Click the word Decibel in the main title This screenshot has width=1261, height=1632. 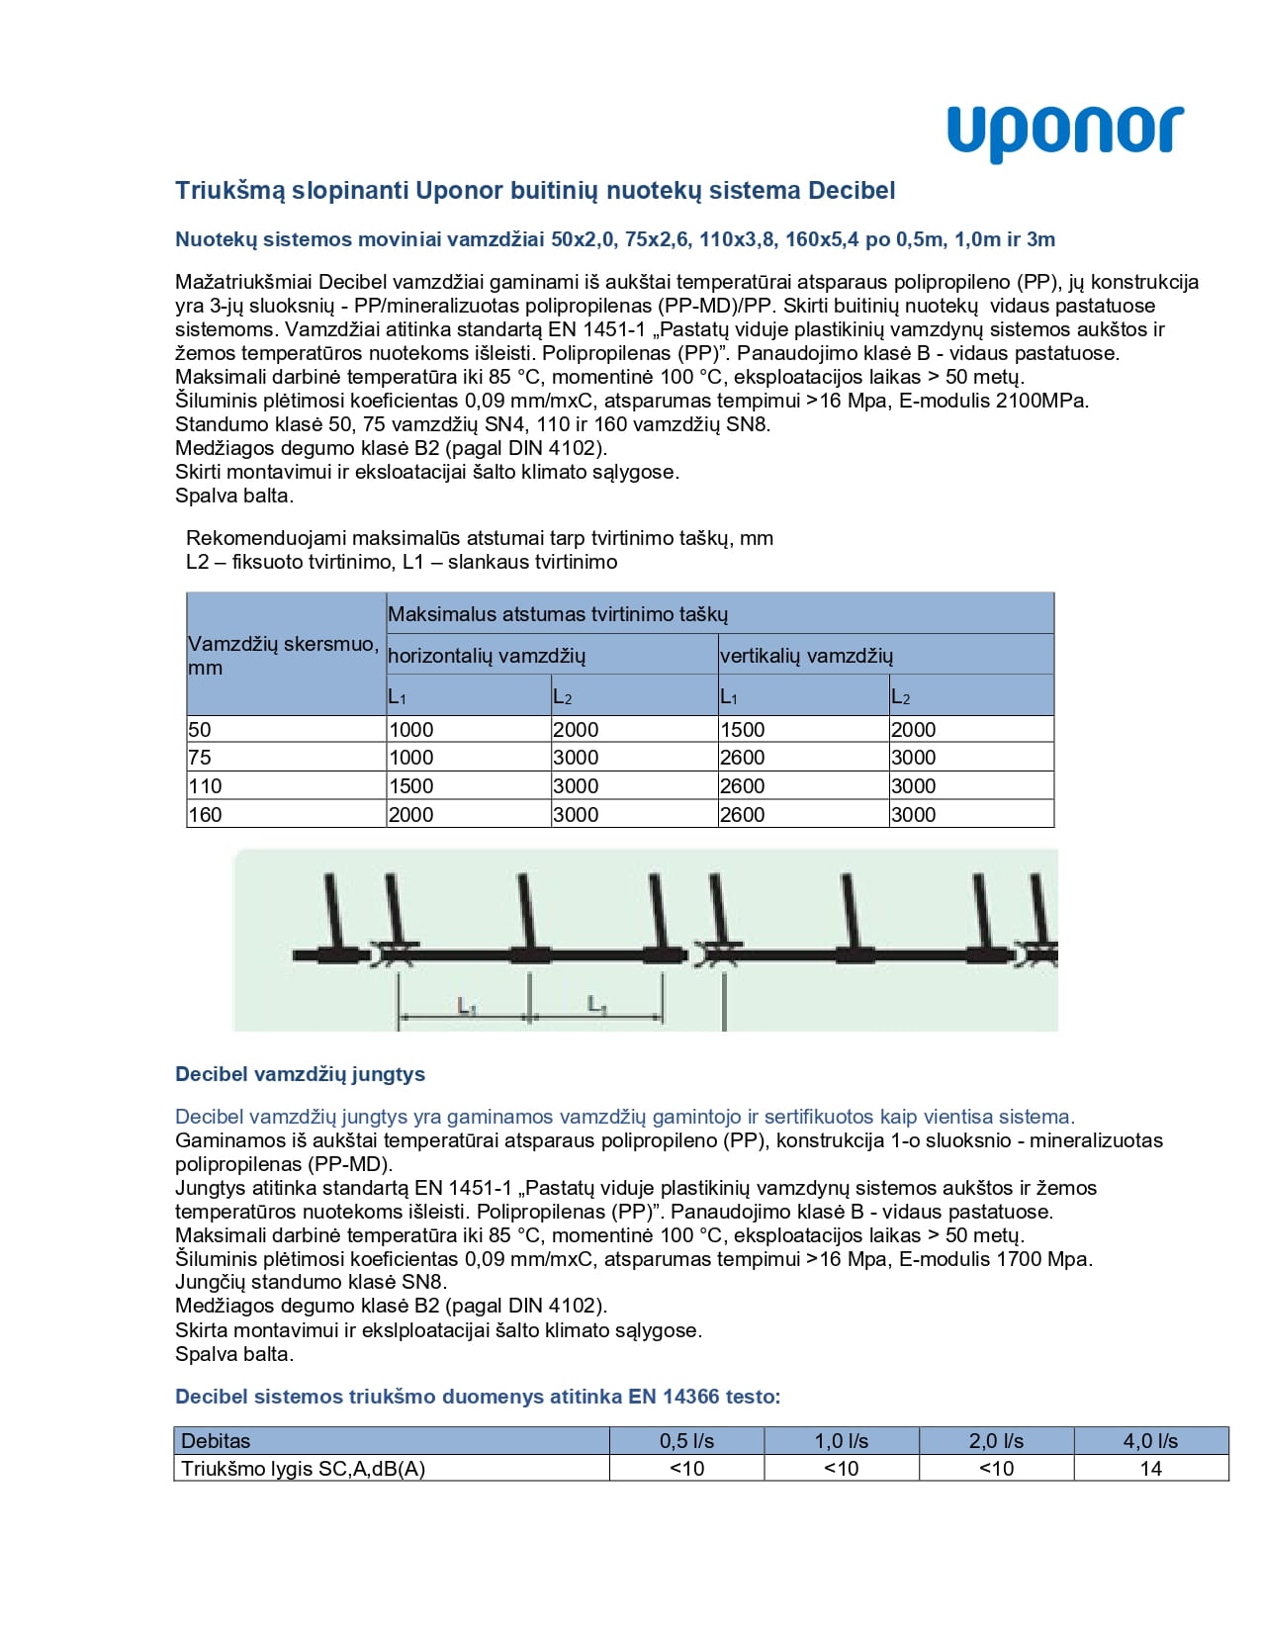coord(852,190)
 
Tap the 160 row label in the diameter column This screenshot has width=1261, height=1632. coord(205,815)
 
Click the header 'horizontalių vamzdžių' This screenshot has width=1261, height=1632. coord(487,656)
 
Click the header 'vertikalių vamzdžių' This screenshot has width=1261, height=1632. coord(806,656)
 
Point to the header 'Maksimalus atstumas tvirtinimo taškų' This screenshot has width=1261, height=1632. coord(558,614)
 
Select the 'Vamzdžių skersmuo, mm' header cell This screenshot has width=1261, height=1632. coord(284,655)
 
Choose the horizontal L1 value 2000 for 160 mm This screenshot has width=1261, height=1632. coord(411,815)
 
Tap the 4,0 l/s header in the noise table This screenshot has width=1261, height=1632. coord(1150,1441)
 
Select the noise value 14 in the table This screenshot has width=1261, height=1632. coord(1150,1469)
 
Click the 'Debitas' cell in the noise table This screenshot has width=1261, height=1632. coord(216,1441)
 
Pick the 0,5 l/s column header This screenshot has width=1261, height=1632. coord(686,1441)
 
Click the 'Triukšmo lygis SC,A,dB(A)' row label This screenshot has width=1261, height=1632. coord(303,1469)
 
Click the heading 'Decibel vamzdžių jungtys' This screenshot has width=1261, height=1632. coord(300,1074)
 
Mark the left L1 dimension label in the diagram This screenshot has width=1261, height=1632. coord(467,1006)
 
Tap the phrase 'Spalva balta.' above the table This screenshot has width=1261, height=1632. coord(234,496)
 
